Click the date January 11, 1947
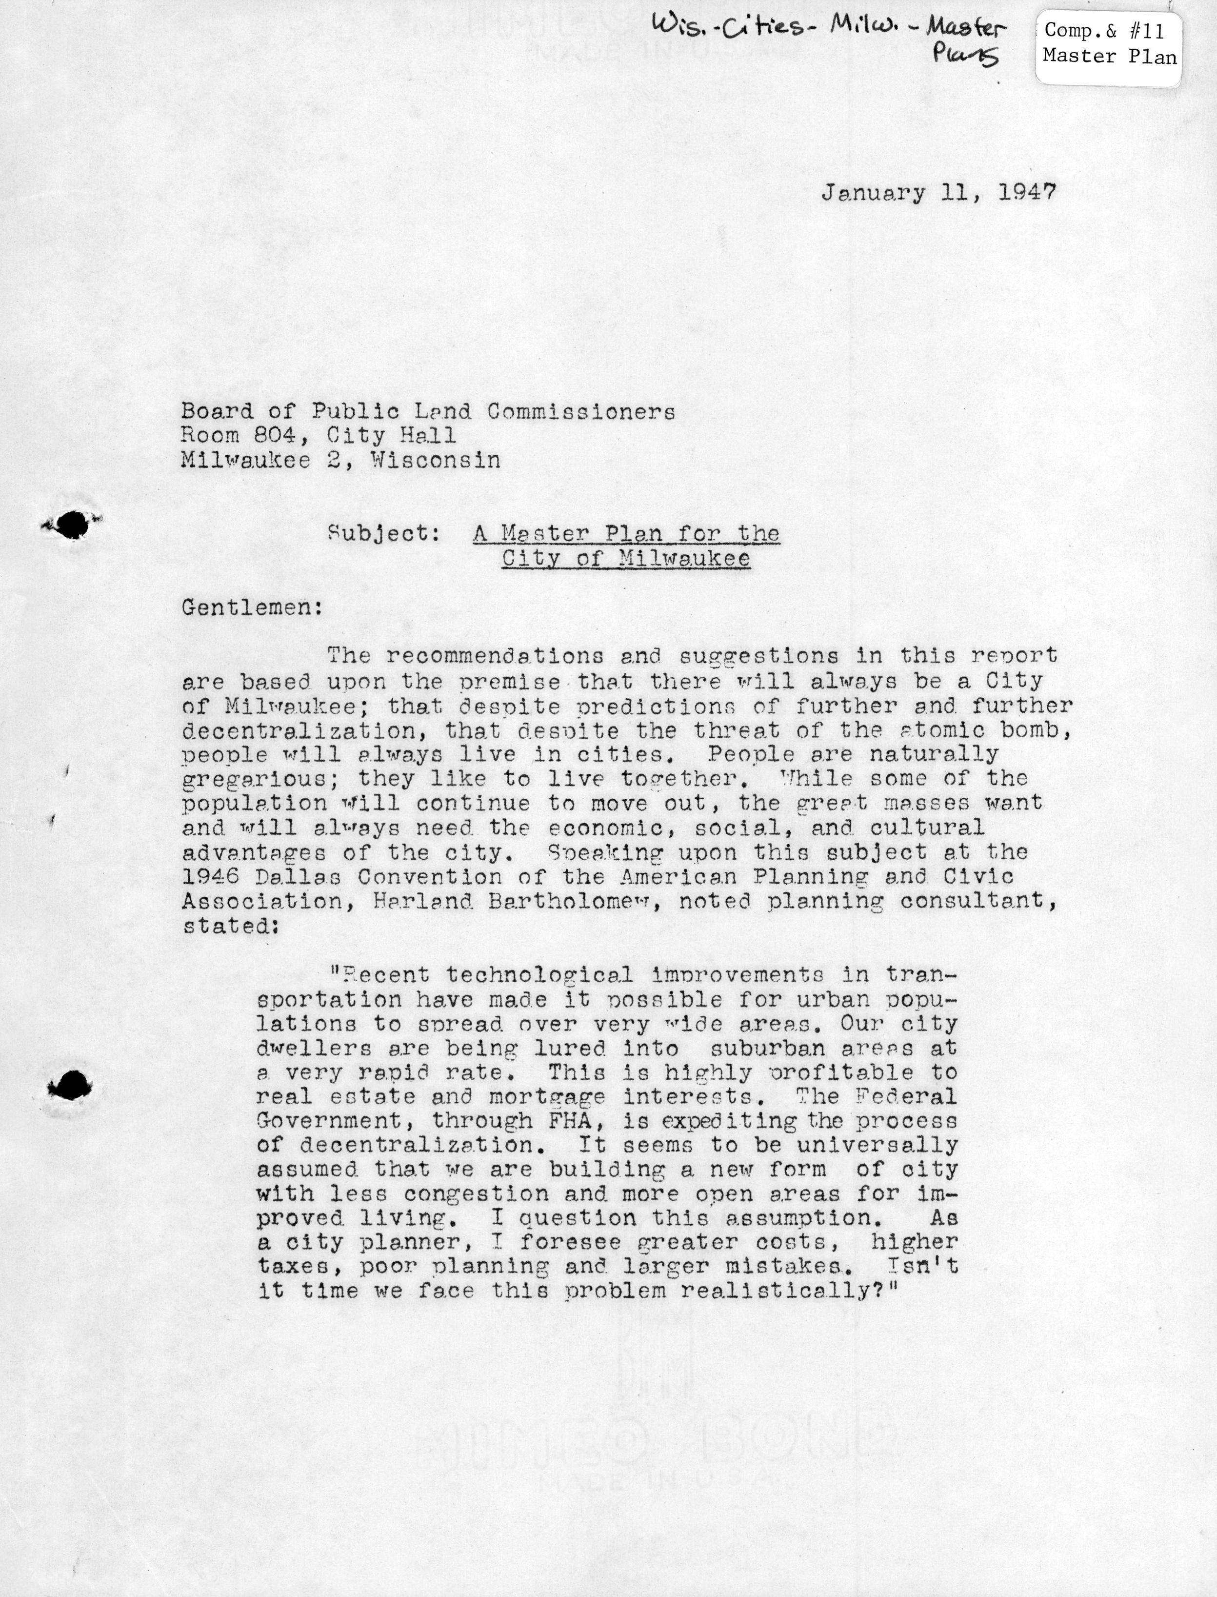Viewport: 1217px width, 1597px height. click(x=938, y=194)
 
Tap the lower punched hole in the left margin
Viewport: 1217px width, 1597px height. click(x=71, y=1086)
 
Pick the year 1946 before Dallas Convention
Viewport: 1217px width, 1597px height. click(x=211, y=877)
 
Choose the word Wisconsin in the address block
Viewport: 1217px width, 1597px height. click(x=435, y=461)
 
